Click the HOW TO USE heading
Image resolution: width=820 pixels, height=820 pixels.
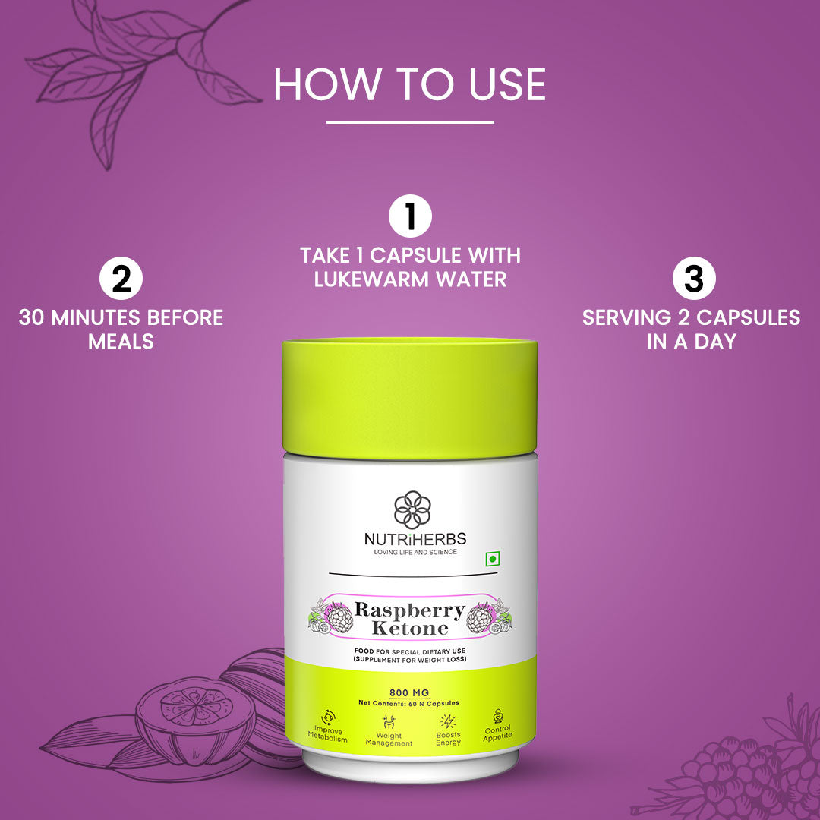(x=410, y=84)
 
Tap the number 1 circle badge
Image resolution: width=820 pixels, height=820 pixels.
(x=410, y=216)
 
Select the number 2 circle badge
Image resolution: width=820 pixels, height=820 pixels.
(x=121, y=279)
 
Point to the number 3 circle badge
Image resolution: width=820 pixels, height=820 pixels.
(x=694, y=279)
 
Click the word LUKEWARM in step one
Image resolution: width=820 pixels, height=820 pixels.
(x=371, y=279)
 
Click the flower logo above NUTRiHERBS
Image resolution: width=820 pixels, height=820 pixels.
(x=412, y=509)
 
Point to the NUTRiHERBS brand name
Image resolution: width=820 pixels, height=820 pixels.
(x=415, y=539)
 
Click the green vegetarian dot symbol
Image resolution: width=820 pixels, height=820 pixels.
(x=492, y=559)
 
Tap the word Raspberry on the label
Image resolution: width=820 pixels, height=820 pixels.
(x=409, y=610)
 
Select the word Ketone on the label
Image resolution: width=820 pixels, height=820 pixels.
(x=410, y=628)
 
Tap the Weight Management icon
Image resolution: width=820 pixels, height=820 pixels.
(x=389, y=721)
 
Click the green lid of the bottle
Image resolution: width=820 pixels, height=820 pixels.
(x=410, y=399)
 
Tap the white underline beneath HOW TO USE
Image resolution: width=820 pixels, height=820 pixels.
(x=410, y=122)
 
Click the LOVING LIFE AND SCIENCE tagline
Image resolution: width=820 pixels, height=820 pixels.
(x=415, y=552)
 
